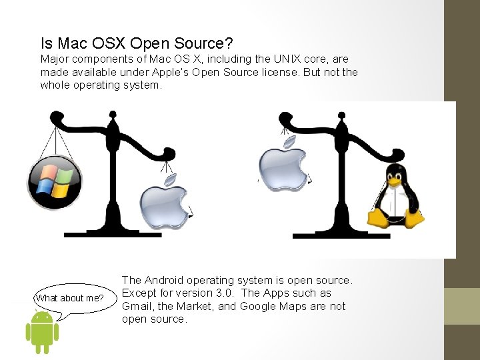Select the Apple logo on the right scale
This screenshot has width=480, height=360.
click(x=283, y=167)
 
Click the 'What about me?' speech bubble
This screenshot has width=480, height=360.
click(x=69, y=298)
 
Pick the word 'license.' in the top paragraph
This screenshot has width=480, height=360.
click(x=279, y=72)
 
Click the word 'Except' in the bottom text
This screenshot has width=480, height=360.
click(x=139, y=293)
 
